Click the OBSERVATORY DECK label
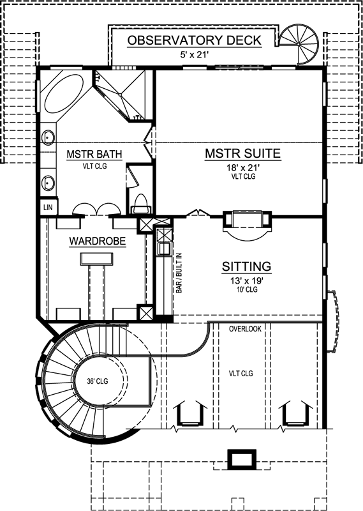click(195, 41)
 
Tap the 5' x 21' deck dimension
click(195, 54)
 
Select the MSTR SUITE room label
click(243, 154)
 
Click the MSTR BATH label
click(94, 154)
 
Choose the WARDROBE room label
click(97, 241)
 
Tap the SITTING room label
click(246, 266)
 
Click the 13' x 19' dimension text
click(246, 279)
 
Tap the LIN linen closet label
click(47, 208)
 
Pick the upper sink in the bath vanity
click(48, 137)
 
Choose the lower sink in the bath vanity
click(48, 183)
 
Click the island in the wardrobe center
click(97, 258)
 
